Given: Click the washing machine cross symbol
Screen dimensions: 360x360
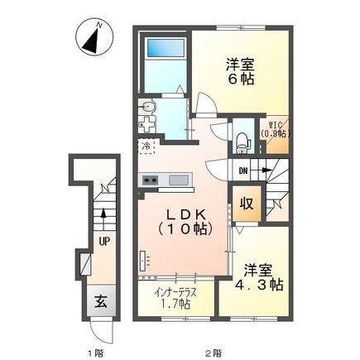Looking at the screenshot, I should [x=147, y=128].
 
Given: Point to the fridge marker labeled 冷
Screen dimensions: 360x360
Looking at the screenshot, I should [x=146, y=147].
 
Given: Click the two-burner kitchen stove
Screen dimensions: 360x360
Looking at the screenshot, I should [x=151, y=180].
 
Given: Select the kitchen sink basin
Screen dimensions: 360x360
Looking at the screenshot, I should [x=179, y=180].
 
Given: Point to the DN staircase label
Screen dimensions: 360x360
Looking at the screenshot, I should [x=242, y=171].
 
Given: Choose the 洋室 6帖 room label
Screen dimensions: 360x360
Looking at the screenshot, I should [x=242, y=70].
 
